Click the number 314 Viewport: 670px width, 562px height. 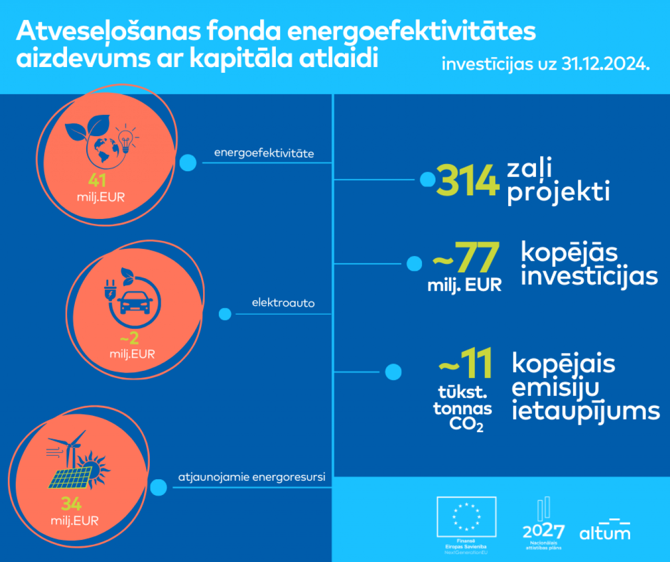(467, 181)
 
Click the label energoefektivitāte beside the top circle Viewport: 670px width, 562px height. (264, 153)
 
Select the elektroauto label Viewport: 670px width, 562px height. (283, 303)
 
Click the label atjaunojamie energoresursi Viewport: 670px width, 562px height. (252, 477)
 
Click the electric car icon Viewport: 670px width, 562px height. (136, 303)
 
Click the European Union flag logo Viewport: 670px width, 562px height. (466, 516)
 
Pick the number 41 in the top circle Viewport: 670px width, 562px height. (97, 180)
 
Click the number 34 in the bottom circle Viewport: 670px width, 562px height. (71, 504)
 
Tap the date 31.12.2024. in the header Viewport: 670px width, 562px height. (606, 64)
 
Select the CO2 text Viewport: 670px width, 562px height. (466, 424)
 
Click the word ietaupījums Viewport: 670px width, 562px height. (586, 412)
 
